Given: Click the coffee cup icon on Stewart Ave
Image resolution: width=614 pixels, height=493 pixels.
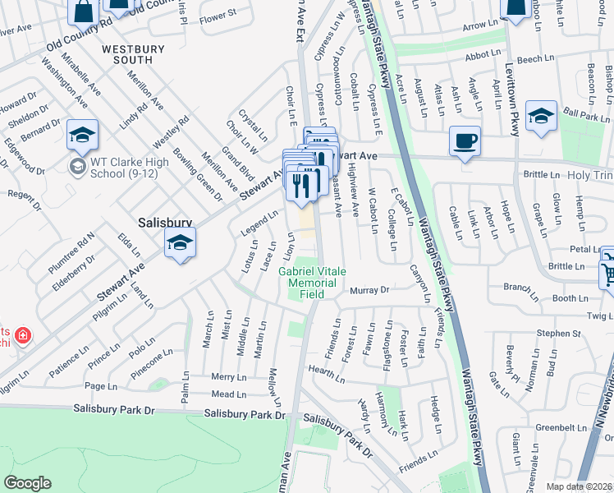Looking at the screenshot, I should point(465,141).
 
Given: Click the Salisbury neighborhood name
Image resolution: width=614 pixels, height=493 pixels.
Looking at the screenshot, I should point(165,222).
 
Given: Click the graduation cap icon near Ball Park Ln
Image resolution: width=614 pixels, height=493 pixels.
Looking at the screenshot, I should point(542,116).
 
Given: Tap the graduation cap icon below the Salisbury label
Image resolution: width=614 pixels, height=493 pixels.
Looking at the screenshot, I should point(180,243).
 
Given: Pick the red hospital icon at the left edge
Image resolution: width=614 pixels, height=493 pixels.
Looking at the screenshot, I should point(22,335).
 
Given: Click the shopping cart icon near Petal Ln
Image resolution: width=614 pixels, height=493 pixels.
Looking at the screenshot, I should point(607,268).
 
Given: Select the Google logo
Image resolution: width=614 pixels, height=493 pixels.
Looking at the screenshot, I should point(27,483).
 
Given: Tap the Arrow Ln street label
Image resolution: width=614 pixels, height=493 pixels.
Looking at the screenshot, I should point(480,26).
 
